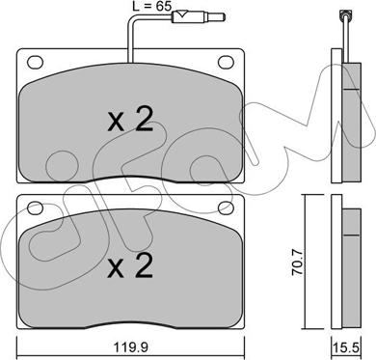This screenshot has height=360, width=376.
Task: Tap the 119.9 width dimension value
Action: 130,347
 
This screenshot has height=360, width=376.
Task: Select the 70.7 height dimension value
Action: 297,263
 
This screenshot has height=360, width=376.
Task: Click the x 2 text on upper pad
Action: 130,120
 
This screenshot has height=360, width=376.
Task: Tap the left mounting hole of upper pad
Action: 35,62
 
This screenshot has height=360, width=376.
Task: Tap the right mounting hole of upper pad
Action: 227,62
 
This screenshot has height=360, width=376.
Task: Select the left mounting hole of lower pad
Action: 35,208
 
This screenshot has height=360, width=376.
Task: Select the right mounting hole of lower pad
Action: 227,208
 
